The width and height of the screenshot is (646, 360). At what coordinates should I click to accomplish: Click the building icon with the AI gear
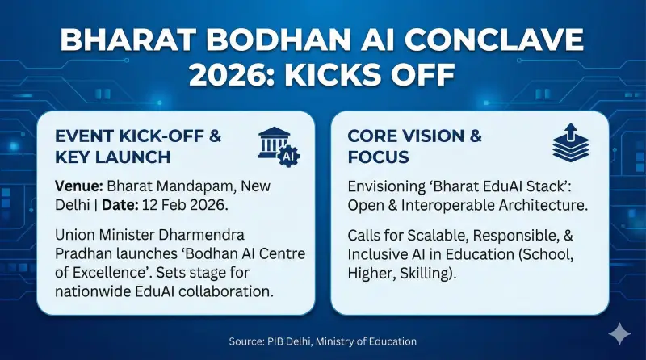pos(277,145)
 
